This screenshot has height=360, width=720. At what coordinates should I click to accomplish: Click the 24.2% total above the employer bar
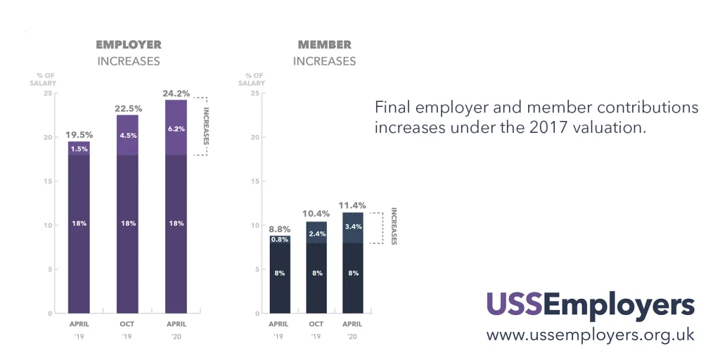coord(176,92)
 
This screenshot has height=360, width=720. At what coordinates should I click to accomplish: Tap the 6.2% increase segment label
coord(176,129)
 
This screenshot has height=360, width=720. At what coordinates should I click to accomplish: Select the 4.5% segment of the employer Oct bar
coord(128,136)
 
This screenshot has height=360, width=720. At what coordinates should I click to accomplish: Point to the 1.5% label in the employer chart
coord(79,148)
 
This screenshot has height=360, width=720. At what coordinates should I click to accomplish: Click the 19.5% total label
coord(79,134)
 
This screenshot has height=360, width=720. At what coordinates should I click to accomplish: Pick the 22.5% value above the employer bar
coord(128,108)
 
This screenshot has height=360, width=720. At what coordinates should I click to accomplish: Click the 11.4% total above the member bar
coord(352,205)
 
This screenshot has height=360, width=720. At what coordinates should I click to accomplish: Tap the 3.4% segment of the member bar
coord(352,226)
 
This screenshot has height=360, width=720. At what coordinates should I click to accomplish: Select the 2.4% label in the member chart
coord(316,233)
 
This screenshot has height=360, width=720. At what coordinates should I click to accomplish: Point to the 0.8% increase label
coord(279,239)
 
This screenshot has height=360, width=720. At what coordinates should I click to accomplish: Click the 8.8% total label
coord(279,228)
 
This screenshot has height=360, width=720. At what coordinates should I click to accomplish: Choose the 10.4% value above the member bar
coord(316,214)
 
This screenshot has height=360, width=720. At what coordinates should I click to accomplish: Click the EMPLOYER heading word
coord(129,45)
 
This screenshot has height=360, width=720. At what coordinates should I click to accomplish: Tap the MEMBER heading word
coord(324,45)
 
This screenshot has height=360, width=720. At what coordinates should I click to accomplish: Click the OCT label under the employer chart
coord(128,324)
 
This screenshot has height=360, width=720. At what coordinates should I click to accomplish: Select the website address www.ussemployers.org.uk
coord(590,335)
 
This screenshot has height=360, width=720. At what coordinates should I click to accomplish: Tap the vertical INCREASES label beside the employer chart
coord(206,126)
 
